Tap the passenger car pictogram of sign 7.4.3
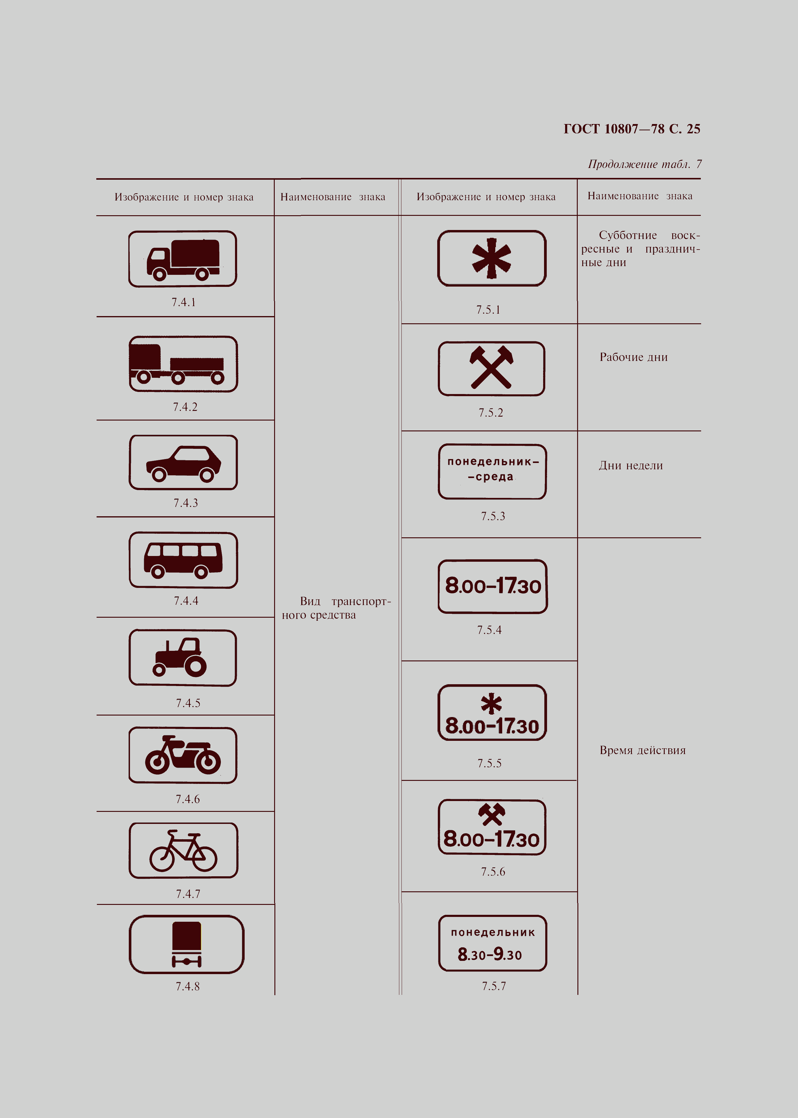click(x=183, y=463)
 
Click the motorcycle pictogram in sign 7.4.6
click(x=183, y=755)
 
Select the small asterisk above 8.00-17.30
click(x=491, y=704)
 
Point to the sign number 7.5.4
click(x=489, y=630)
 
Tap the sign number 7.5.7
click(x=494, y=986)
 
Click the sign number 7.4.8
click(x=188, y=986)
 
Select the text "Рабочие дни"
click(x=633, y=357)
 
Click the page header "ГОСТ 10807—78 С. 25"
click(x=632, y=129)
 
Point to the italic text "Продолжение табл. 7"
click(x=645, y=164)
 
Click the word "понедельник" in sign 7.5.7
click(x=493, y=932)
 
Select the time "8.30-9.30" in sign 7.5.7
click(x=490, y=954)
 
